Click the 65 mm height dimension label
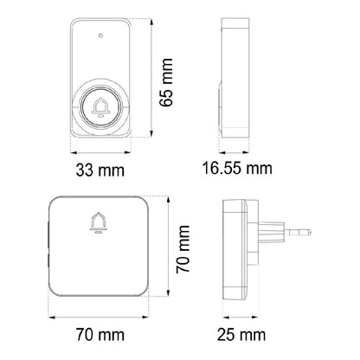(x=166, y=82)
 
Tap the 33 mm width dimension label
(x=100, y=170)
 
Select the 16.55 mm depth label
(x=237, y=168)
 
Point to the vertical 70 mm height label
(x=183, y=249)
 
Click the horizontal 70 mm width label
(x=100, y=335)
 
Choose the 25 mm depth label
(x=241, y=335)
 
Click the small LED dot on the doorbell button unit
(x=100, y=35)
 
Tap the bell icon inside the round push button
(x=100, y=107)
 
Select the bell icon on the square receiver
(x=98, y=222)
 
